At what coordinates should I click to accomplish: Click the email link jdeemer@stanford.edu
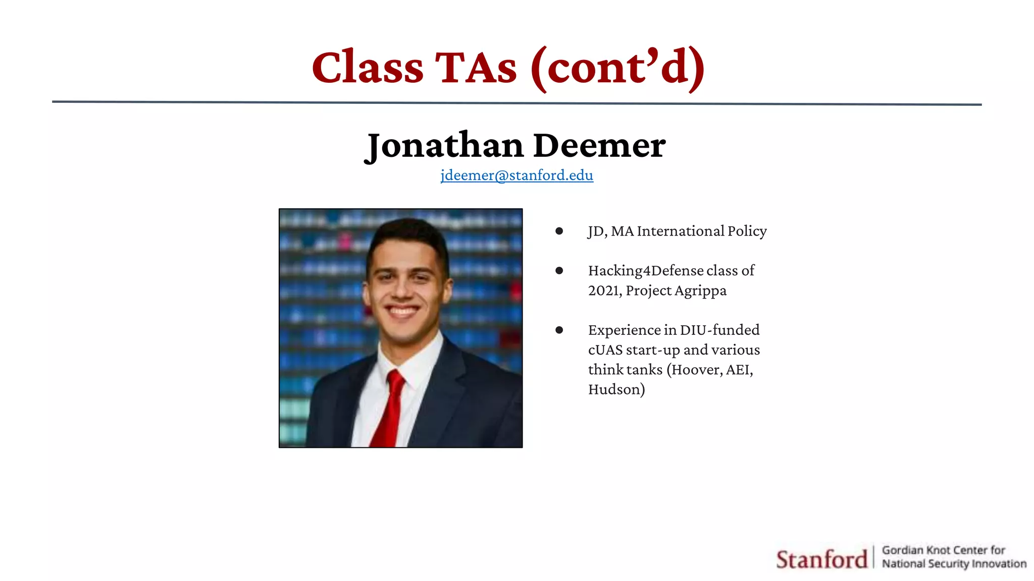coord(516,175)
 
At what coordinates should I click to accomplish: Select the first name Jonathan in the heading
coord(444,146)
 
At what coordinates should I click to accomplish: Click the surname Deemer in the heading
coord(599,146)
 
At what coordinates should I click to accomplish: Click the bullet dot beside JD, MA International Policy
coord(559,231)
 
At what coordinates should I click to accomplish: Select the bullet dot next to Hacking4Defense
coord(559,271)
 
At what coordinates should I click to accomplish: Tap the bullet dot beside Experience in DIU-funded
coord(559,330)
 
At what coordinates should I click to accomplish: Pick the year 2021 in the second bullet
coord(604,290)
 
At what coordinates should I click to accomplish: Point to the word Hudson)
coord(616,389)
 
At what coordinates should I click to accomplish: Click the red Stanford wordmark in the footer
coord(821,559)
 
